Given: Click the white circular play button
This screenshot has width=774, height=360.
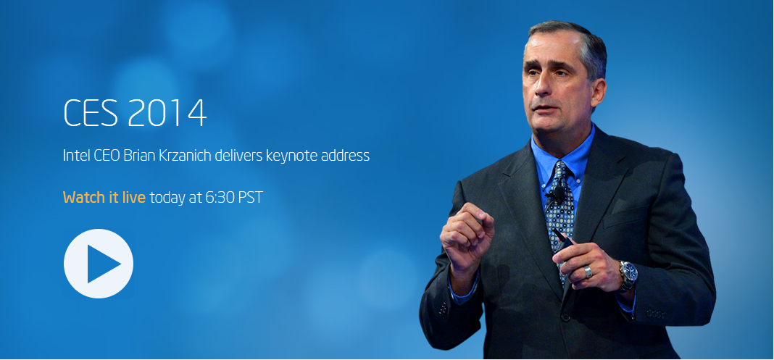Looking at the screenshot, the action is point(99,264).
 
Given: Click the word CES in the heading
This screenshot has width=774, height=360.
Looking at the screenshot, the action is point(91,114).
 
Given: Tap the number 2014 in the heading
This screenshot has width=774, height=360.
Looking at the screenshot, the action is point(167,114).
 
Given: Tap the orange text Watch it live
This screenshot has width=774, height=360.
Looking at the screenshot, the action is point(104,197).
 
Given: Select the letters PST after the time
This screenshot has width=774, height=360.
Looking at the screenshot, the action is point(251,197).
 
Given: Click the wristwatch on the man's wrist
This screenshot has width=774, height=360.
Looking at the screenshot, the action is point(628,275).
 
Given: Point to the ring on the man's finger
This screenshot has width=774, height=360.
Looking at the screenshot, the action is point(588,272).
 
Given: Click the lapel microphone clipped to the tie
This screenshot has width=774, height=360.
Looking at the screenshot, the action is point(557,193).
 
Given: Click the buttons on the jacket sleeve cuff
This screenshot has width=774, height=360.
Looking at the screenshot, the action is point(655,313).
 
